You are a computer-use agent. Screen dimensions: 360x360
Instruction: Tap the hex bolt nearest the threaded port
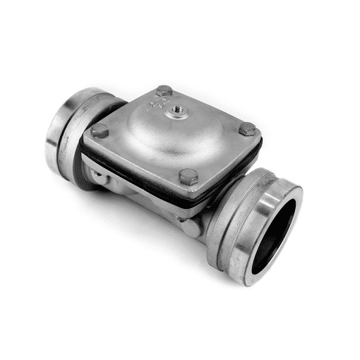coord(164,91)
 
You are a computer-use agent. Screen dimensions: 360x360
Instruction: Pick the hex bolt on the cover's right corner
coord(247,129)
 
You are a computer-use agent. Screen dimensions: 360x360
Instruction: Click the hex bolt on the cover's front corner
coord(188,176)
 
